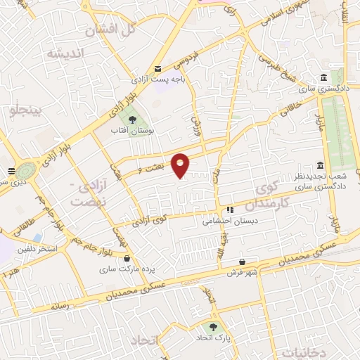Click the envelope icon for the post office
[x=160, y=68]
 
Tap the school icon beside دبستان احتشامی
[x=229, y=210]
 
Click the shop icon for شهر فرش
[x=243, y=261]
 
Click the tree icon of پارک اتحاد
[x=213, y=327]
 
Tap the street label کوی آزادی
[x=154, y=219]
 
